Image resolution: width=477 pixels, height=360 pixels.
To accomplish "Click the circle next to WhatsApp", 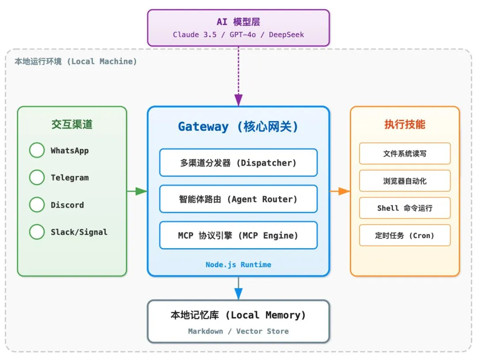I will click(37, 150).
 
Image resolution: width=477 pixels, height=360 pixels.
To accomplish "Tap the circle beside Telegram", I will click(37, 178).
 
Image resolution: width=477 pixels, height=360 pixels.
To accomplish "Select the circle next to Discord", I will click(37, 205).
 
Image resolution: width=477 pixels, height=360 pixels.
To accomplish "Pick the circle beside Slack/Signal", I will click(37, 232).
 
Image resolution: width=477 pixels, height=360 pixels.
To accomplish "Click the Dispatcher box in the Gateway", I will click(238, 163).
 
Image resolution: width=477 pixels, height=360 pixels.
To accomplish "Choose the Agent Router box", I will click(238, 199).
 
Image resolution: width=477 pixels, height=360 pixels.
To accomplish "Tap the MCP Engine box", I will click(238, 235).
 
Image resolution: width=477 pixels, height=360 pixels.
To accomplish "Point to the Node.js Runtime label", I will click(238, 265).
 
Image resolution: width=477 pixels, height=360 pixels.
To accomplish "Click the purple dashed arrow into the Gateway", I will click(238, 75).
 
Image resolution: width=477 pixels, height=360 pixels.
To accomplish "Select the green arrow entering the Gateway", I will click(137, 191).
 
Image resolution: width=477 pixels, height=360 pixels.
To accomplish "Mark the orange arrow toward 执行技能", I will click(340, 191).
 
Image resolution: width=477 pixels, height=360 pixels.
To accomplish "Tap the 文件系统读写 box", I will click(405, 154).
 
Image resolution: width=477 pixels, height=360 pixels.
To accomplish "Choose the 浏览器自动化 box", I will click(405, 181).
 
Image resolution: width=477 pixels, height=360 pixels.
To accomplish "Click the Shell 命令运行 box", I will click(405, 208).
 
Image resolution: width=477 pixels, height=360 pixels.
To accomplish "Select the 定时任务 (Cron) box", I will click(405, 235).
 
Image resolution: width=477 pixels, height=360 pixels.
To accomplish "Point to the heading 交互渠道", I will click(72, 125).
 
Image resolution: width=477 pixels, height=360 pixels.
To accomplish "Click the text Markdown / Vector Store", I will click(238, 331).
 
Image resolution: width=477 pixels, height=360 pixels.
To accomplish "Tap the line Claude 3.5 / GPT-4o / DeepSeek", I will click(238, 34).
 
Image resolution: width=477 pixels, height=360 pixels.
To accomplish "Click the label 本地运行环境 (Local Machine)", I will click(76, 61).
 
